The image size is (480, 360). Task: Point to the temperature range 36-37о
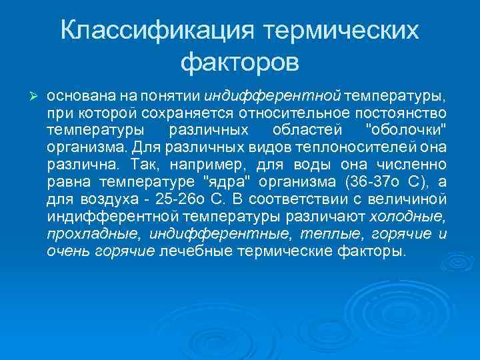377,181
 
